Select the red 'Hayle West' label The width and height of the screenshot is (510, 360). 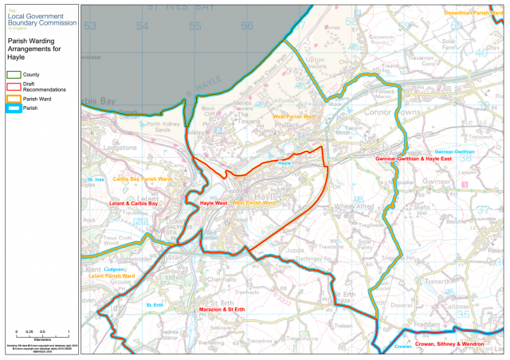214,203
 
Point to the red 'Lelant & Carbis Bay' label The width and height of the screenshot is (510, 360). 133,203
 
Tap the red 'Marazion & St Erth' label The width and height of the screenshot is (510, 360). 225,308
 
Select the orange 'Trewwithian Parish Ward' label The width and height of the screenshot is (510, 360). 477,14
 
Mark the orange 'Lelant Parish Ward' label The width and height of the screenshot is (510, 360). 112,276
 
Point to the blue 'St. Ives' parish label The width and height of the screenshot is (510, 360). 96,180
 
